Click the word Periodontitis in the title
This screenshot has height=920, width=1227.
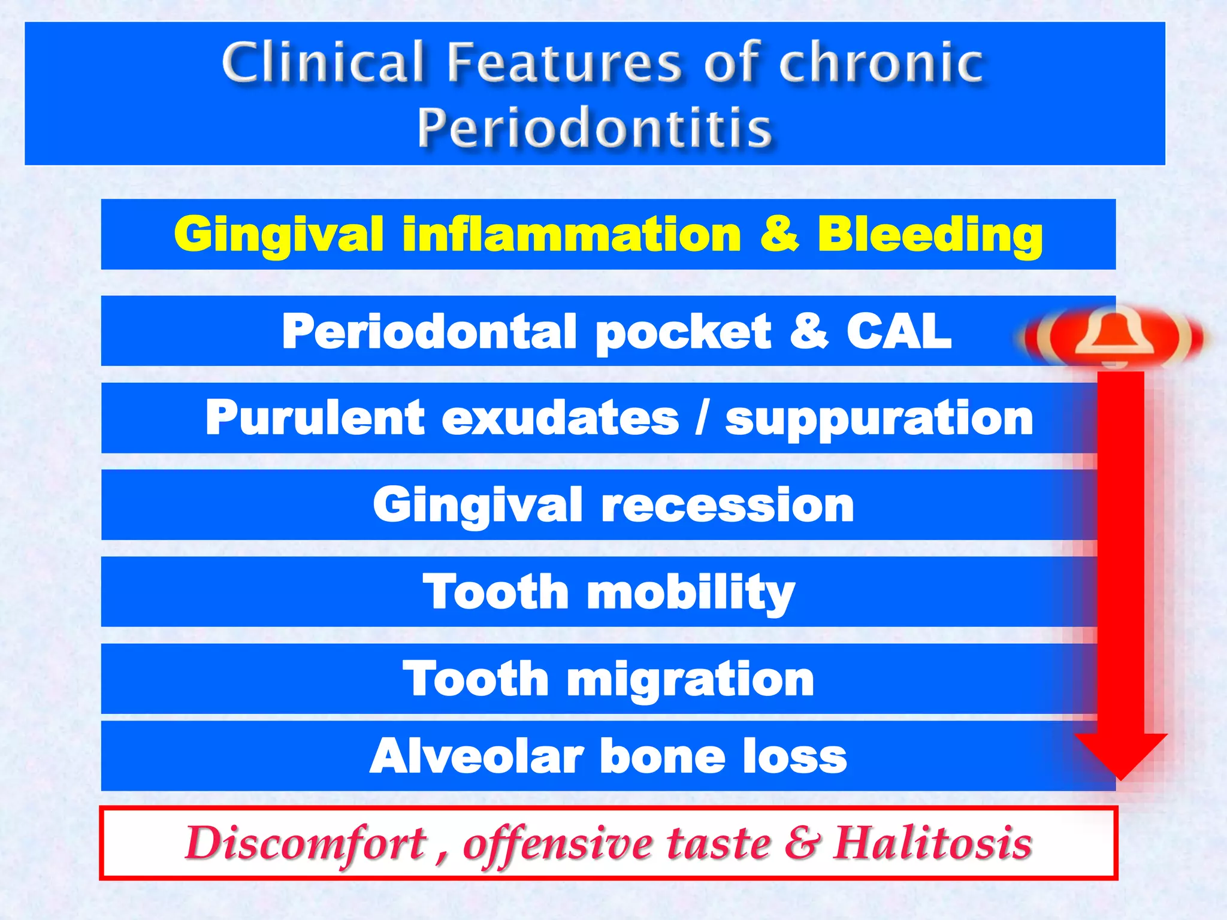[x=594, y=128]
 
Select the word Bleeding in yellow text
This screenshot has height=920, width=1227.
[x=930, y=234]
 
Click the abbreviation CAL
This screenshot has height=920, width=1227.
[x=899, y=331]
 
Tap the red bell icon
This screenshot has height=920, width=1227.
[x=1114, y=337]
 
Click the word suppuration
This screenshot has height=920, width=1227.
[x=879, y=418]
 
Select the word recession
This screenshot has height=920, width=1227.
[x=727, y=505]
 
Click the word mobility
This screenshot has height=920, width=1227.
[x=691, y=592]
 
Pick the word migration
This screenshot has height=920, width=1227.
[x=690, y=680]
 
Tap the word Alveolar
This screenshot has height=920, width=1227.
[x=476, y=756]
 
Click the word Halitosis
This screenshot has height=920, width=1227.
[x=932, y=843]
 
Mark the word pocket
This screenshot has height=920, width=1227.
[x=683, y=332]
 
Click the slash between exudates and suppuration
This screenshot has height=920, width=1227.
[x=702, y=418]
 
